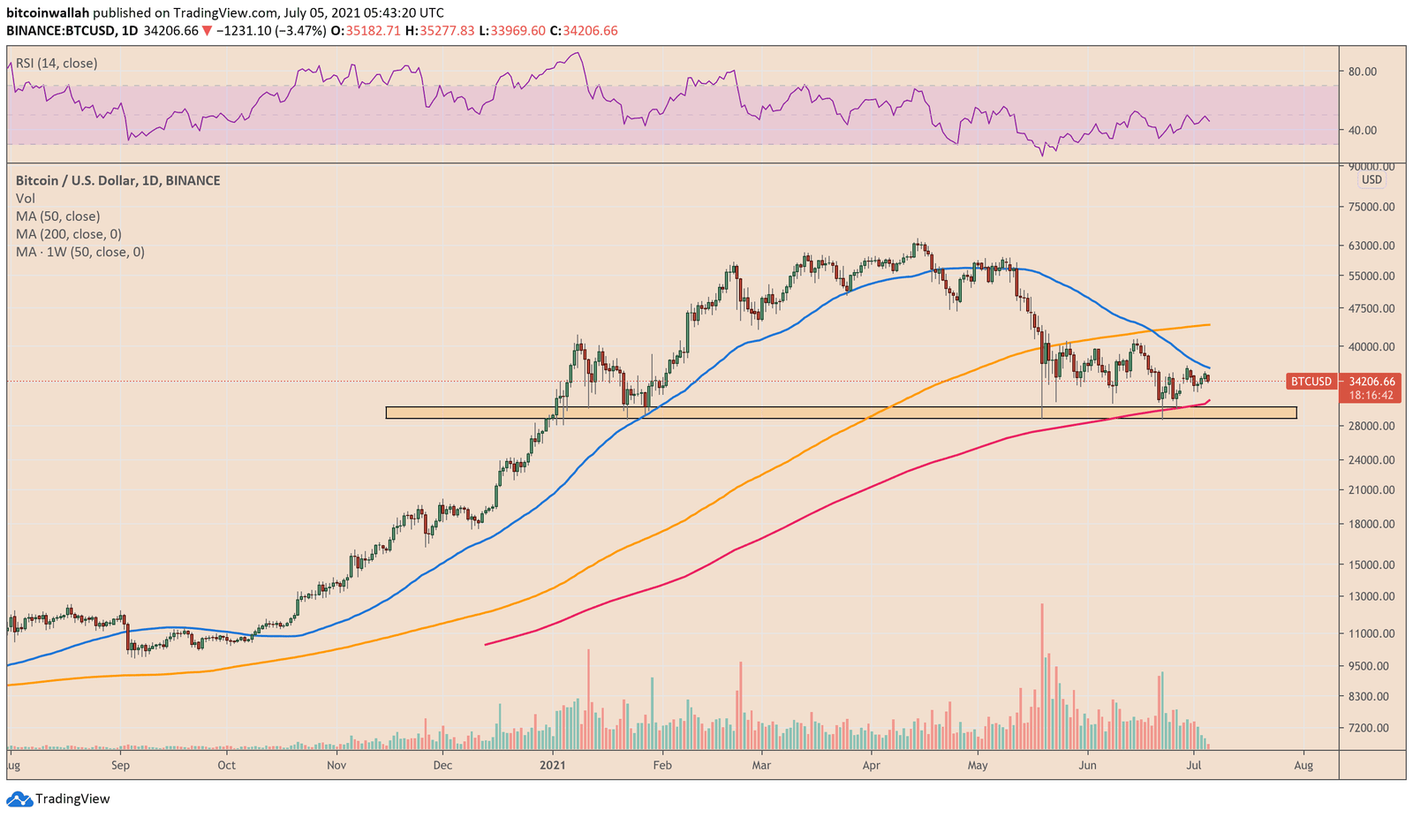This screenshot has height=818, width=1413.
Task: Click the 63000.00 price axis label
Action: pyautogui.click(x=1371, y=246)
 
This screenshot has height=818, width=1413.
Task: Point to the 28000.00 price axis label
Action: pyautogui.click(x=1371, y=426)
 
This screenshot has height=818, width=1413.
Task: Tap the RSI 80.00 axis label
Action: pyautogui.click(x=1363, y=72)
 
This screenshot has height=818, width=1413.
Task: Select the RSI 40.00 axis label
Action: pyautogui.click(x=1363, y=130)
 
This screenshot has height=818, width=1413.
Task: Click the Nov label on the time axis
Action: pyautogui.click(x=336, y=765)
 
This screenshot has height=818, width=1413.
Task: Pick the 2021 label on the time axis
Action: pyautogui.click(x=553, y=765)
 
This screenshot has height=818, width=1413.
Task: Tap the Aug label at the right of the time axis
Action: pyautogui.click(x=1303, y=765)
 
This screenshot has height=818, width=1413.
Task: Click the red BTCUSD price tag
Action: pyautogui.click(x=1311, y=382)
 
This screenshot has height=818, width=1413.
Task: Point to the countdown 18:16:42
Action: pyautogui.click(x=1371, y=395)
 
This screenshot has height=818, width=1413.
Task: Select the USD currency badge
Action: pyautogui.click(x=1371, y=179)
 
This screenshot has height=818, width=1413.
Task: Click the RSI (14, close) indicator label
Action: pyautogui.click(x=57, y=64)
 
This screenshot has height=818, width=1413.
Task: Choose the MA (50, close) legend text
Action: pyautogui.click(x=57, y=216)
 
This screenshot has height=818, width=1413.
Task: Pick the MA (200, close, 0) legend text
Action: pyautogui.click(x=69, y=234)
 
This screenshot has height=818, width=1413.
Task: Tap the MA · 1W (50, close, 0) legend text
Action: pyautogui.click(x=80, y=252)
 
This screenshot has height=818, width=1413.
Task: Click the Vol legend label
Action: pyautogui.click(x=26, y=199)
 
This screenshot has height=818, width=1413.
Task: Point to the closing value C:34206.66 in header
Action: pyautogui.click(x=583, y=31)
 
